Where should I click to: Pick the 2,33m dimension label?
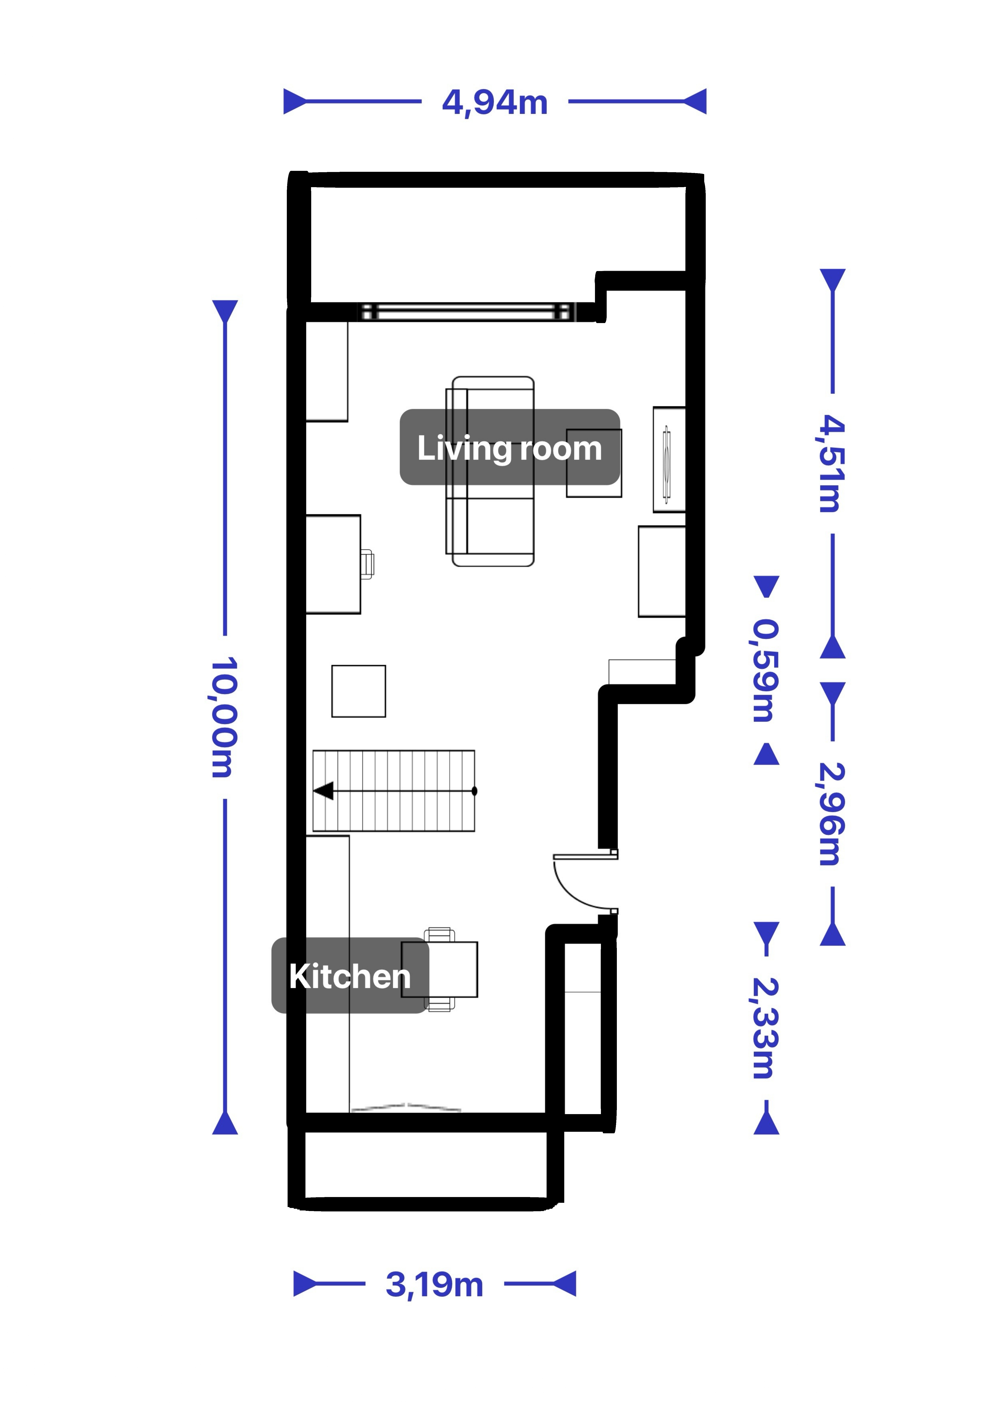[x=765, y=1028]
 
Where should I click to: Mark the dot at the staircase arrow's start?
[x=474, y=791]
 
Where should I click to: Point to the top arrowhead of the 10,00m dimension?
[x=225, y=311]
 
